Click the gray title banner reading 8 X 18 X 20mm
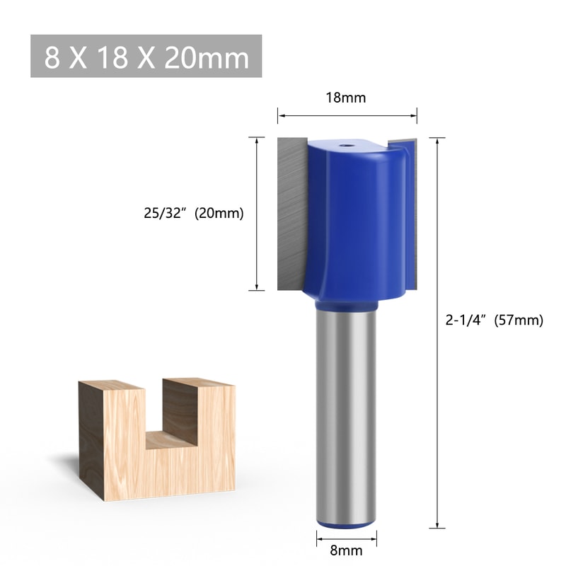(146, 56)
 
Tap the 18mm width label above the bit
(347, 98)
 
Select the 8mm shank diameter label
(346, 550)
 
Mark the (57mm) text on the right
(519, 320)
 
